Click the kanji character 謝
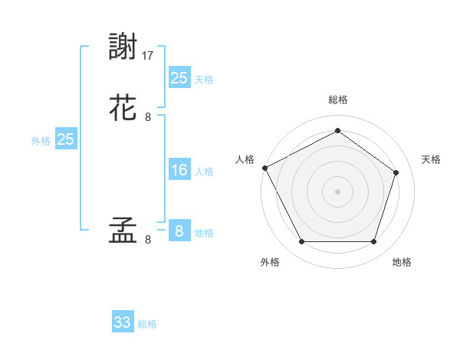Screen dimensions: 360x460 point(125,47)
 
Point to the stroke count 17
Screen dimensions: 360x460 point(149,56)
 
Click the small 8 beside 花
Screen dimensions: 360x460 point(148,117)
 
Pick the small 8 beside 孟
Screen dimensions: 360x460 point(148,240)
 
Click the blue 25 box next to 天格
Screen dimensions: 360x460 point(179,77)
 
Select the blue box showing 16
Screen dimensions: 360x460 point(179,170)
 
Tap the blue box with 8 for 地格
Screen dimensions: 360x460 point(179,231)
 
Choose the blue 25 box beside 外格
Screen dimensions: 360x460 point(66,139)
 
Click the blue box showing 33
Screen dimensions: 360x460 point(123,322)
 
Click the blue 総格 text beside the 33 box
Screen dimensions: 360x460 point(148,324)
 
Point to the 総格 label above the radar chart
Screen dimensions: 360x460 point(337,100)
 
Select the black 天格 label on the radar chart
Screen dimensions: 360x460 point(432,159)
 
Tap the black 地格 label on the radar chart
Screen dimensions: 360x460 point(402,262)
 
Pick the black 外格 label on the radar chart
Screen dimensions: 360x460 point(270,262)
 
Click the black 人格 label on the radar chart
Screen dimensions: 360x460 point(245,159)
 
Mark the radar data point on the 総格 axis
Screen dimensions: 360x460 point(337,131)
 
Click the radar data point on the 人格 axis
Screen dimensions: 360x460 point(264,168)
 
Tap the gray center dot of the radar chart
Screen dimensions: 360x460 point(337,191)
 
